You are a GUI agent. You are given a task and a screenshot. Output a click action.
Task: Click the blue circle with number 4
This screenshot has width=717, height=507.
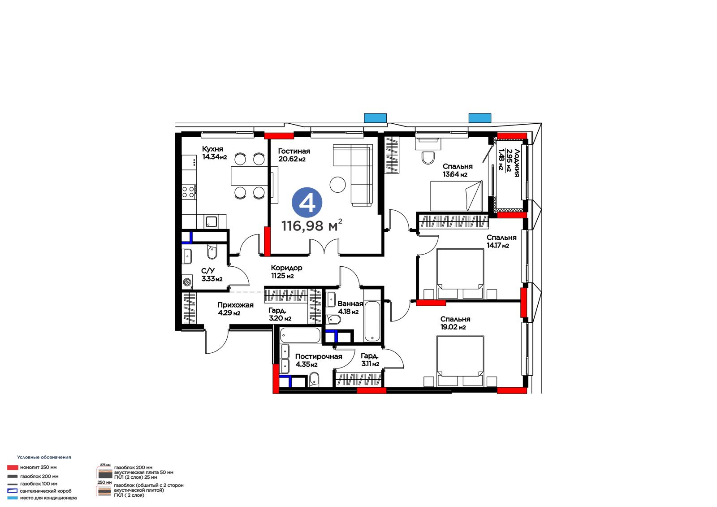pyautogui.click(x=307, y=203)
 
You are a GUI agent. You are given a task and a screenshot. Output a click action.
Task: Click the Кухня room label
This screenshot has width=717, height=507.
pyautogui.click(x=212, y=149)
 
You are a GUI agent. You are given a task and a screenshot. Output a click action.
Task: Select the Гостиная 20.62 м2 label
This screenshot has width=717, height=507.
pyautogui.click(x=294, y=155)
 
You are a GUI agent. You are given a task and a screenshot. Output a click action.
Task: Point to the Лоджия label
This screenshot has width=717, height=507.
pyautogui.click(x=516, y=163)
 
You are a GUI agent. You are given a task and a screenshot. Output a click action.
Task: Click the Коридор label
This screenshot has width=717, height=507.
pyautogui.click(x=286, y=268)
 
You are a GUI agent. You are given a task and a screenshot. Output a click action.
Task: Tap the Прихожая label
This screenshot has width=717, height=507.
pyautogui.click(x=235, y=305)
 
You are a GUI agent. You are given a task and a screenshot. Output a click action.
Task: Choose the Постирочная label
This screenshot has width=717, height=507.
pyautogui.click(x=319, y=356)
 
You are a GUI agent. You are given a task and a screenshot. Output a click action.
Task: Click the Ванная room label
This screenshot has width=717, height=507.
pyautogui.click(x=350, y=303)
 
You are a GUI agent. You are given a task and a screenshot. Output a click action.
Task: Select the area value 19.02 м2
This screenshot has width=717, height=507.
pyautogui.click(x=453, y=327)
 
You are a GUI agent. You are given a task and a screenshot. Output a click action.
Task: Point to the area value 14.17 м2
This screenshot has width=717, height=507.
pyautogui.click(x=498, y=246)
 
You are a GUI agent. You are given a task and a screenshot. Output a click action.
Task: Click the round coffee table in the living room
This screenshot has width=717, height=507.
pyautogui.click(x=338, y=185)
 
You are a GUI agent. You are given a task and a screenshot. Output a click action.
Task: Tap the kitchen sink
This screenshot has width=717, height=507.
pyautogui.click(x=211, y=221)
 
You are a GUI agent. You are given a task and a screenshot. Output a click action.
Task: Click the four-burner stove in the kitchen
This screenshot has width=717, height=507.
pyautogui.click(x=188, y=192)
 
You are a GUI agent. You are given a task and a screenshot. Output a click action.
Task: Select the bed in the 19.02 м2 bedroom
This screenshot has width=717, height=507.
pyautogui.click(x=460, y=361)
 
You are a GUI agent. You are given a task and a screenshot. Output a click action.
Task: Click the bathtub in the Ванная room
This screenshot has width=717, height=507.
pyautogui.click(x=372, y=321)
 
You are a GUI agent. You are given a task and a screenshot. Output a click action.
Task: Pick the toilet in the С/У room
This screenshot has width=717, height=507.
pyautogui.click(x=212, y=252)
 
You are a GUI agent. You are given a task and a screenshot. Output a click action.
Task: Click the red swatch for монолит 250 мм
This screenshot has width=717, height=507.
pyautogui.click(x=13, y=468)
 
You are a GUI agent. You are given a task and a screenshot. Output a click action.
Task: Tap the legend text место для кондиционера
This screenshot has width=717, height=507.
pyautogui.click(x=48, y=498)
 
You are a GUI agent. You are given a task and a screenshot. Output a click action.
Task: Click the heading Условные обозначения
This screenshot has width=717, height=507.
pyautogui.click(x=44, y=457)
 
